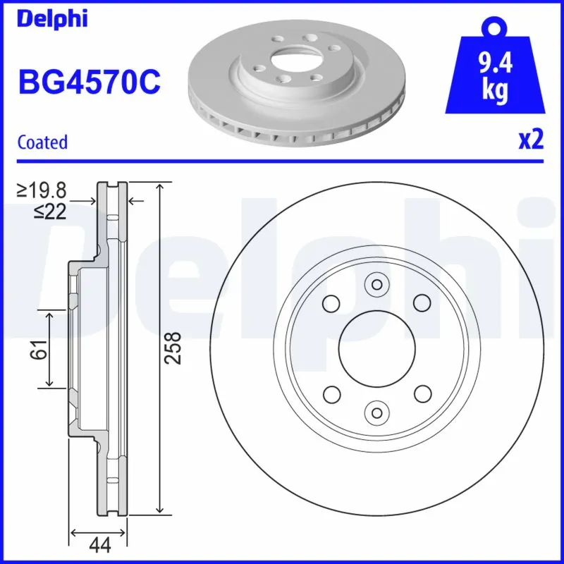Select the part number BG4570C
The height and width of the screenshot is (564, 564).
89,82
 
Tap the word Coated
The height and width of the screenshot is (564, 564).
42,142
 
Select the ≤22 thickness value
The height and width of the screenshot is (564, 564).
49,211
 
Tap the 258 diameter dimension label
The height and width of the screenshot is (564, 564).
173,347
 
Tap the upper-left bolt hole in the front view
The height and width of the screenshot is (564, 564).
329,303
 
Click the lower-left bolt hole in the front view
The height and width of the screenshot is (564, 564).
329,393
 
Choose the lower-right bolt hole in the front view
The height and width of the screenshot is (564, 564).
422,393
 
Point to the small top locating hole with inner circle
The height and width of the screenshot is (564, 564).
376,285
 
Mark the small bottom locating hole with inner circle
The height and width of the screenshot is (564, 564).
376,411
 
